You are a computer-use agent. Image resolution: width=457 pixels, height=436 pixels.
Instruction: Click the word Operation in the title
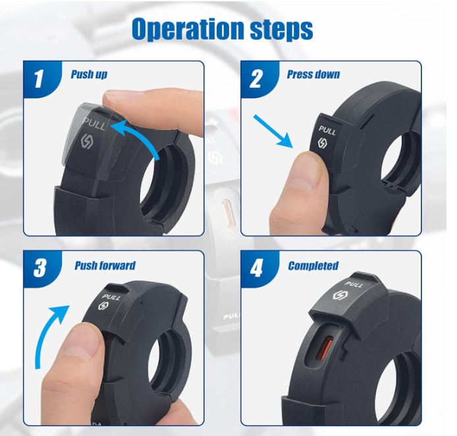[188, 29]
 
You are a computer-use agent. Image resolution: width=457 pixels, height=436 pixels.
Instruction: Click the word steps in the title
[282, 30]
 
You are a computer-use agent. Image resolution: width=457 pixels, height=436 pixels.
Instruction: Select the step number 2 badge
[255, 78]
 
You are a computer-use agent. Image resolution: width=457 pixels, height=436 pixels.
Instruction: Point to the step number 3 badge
[40, 268]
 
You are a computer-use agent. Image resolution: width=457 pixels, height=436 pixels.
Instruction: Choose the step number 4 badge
[256, 268]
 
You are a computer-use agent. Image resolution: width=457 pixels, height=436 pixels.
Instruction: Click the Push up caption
[89, 74]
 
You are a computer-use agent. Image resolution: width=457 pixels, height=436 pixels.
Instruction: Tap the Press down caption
[313, 74]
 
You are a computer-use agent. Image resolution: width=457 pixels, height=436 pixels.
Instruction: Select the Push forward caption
[105, 265]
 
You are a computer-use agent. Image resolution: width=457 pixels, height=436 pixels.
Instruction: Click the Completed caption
[313, 266]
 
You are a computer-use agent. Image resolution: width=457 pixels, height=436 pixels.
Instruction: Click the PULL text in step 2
[327, 130]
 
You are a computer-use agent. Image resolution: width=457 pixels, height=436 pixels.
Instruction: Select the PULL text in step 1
[94, 124]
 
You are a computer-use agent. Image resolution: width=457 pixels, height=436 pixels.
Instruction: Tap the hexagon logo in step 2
[323, 143]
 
